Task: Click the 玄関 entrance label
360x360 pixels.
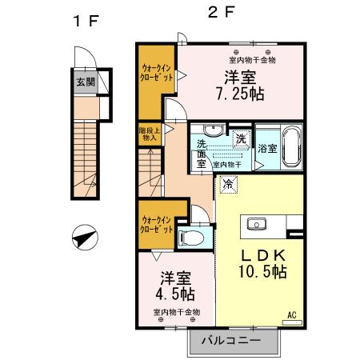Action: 84,81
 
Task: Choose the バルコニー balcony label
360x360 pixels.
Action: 230,340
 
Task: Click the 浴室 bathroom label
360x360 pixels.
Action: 266,149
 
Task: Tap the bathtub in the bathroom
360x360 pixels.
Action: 290,147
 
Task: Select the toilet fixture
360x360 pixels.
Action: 193,237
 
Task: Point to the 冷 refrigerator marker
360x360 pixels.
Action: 228,185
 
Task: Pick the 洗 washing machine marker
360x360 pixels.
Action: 239,138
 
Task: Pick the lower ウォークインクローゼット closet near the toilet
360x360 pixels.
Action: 155,224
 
